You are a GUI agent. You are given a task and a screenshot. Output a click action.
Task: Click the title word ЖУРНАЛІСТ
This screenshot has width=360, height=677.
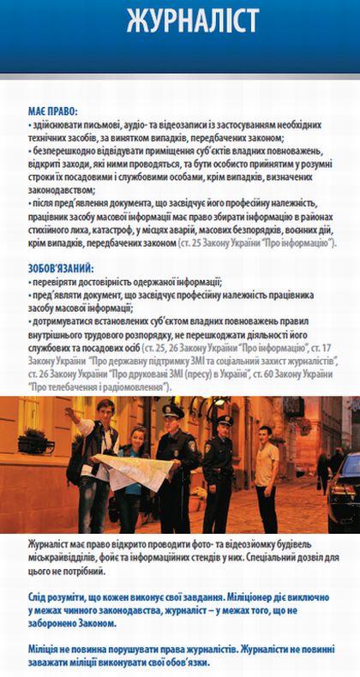179,21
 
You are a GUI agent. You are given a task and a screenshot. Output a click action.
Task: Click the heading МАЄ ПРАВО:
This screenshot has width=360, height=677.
52,112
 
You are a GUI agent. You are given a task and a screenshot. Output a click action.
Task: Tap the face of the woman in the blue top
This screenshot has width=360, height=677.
136,435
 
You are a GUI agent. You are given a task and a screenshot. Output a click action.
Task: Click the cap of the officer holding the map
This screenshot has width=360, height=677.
172,411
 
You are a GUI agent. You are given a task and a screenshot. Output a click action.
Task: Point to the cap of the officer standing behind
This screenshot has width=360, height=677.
224,421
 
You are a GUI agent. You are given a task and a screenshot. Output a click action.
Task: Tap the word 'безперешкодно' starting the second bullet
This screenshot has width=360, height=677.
65,151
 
